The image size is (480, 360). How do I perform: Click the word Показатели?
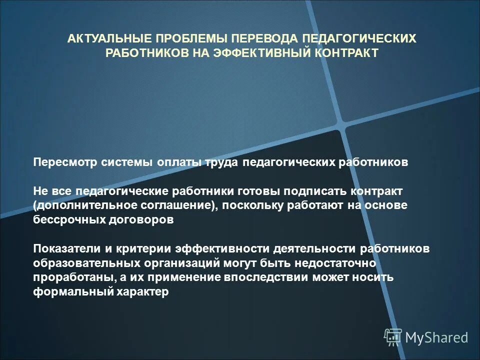(65, 249)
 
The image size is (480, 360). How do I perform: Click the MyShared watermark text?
(436, 338)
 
